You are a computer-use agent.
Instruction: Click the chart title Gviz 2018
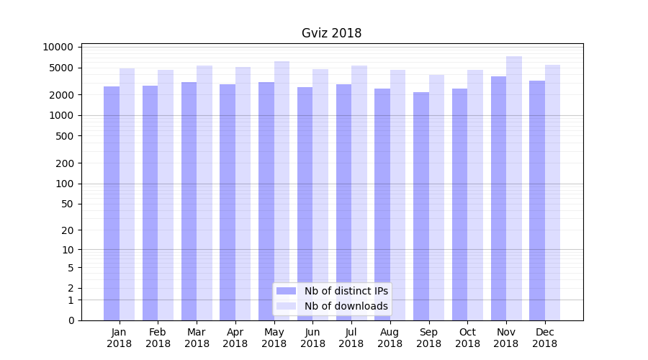[331, 33]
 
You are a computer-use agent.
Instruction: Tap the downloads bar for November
[513, 188]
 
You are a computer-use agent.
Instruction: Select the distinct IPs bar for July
[343, 202]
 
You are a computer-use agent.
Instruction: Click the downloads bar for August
[397, 195]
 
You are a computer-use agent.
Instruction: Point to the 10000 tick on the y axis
[58, 48]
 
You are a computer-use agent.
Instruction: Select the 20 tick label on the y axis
[67, 230]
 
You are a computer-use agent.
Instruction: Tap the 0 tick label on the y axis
[71, 320]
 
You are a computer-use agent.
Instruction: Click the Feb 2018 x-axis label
[158, 338]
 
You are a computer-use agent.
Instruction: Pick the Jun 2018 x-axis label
[312, 338]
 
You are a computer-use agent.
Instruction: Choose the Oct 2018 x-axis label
[467, 338]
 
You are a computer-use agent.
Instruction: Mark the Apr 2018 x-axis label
[235, 338]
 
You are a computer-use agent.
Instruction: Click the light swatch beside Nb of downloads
[286, 306]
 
